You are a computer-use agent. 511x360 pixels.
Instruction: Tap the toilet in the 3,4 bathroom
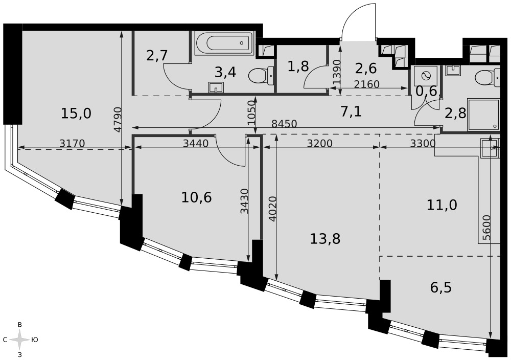pos(261,76)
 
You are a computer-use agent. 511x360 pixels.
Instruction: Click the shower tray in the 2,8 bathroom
pos(483,115)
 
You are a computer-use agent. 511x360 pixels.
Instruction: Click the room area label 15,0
pos(76,114)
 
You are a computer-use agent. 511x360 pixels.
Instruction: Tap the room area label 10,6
pos(197,197)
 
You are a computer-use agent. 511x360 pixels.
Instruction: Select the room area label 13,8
pos(325,239)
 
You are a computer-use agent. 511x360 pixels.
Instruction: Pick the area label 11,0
pos(442,205)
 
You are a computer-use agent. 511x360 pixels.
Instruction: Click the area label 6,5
pos(441,288)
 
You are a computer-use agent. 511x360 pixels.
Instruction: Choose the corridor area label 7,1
pos(351,112)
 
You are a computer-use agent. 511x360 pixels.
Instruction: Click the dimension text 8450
pos(284,124)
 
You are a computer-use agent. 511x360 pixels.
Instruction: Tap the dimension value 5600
pos(486,228)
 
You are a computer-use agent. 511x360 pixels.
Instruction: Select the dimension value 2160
pos(366,84)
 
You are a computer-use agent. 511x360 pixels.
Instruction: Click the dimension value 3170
pos(73,143)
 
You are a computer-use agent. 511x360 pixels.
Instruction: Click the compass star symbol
pos(19,340)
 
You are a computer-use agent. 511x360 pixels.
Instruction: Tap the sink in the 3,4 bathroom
pos(216,87)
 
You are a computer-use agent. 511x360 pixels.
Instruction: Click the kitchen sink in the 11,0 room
pos(490,148)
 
